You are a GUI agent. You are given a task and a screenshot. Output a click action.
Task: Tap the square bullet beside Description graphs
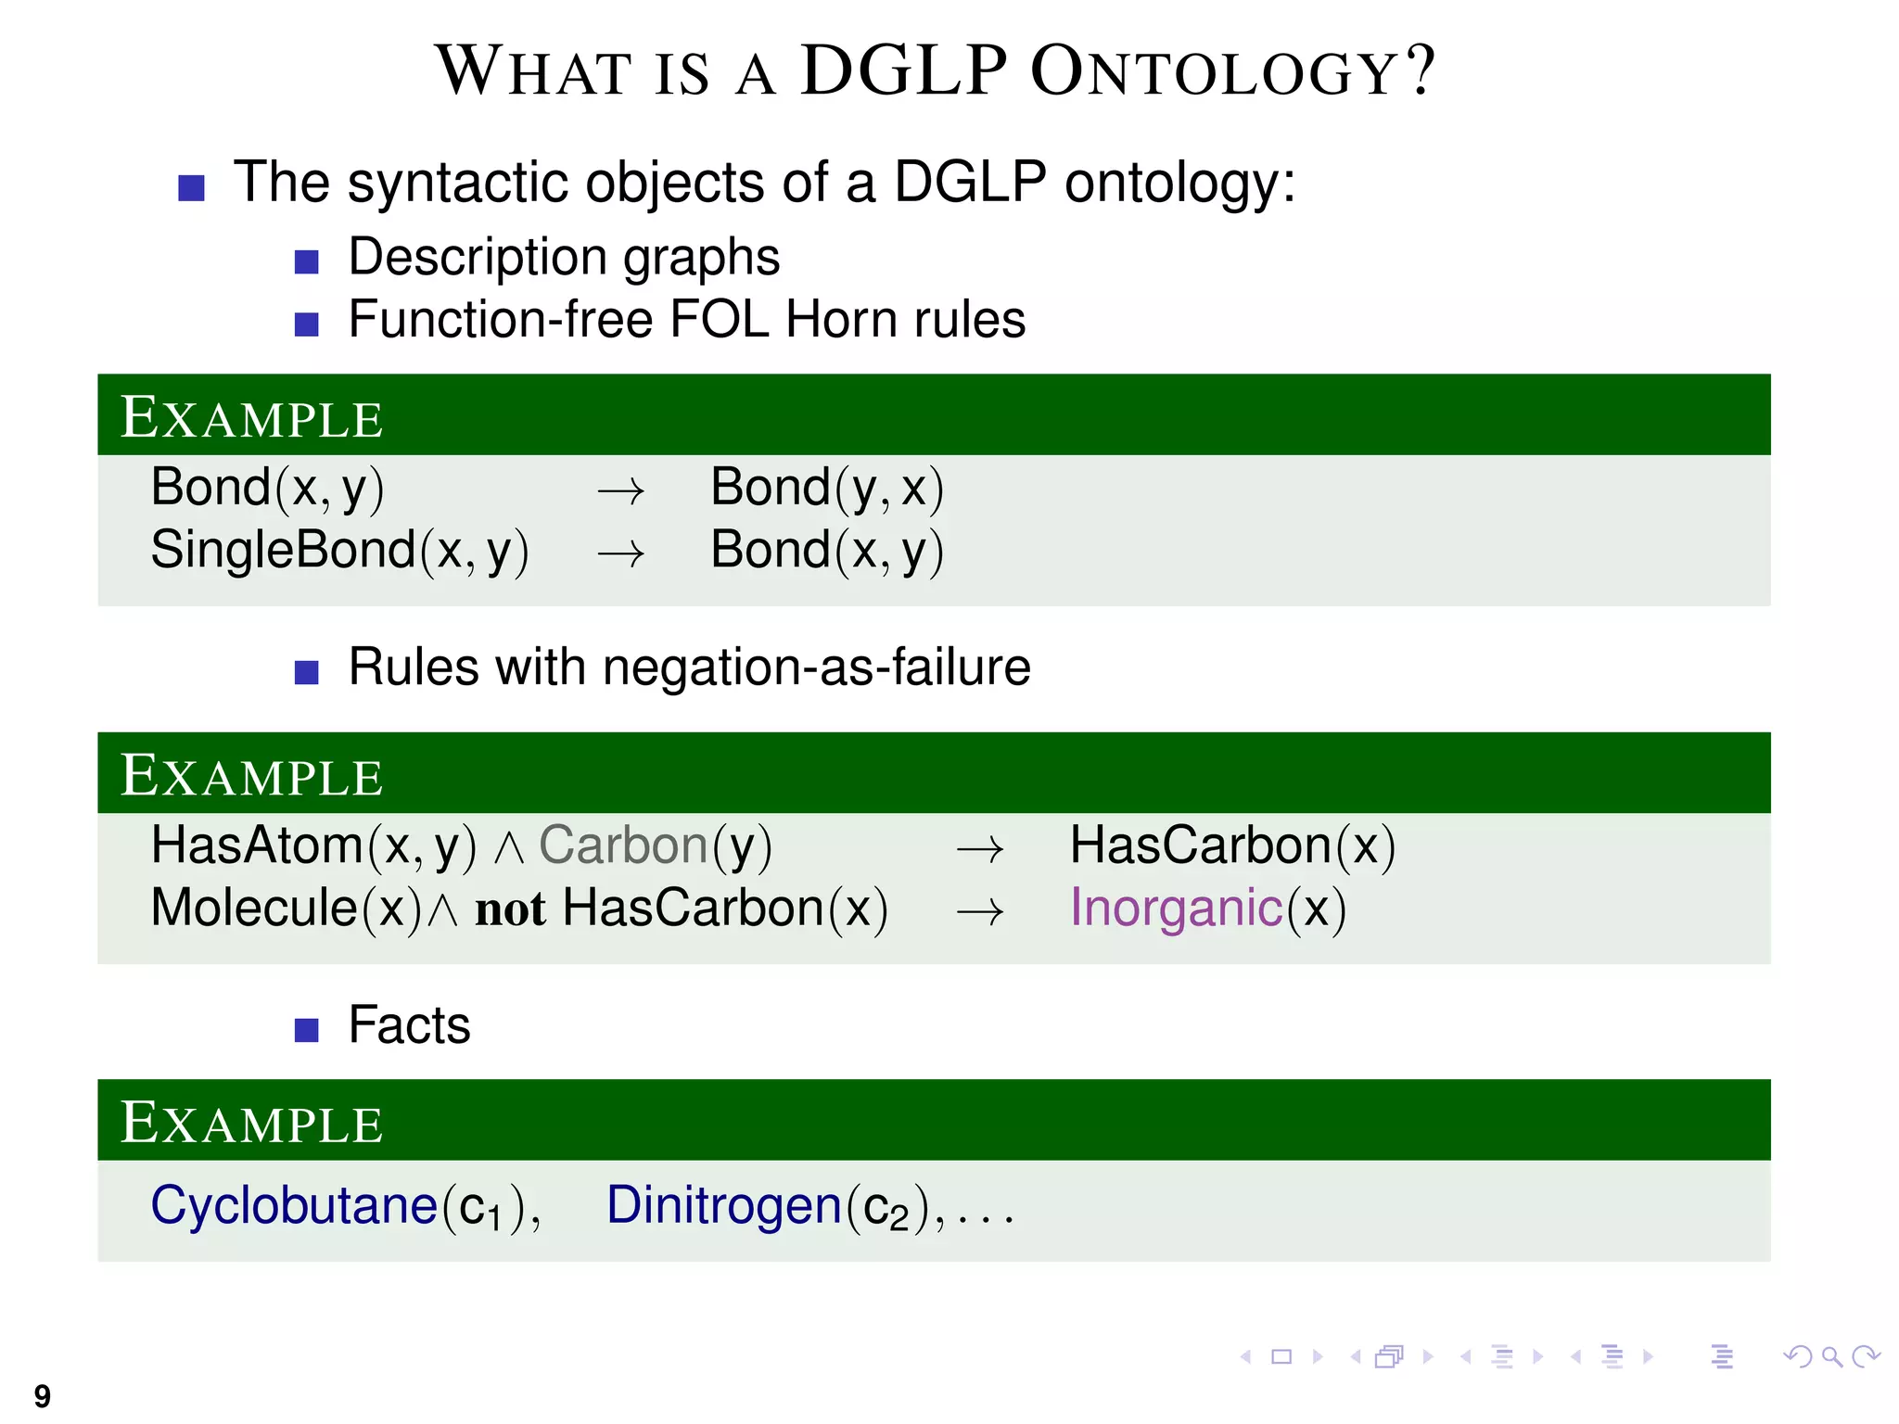(x=306, y=261)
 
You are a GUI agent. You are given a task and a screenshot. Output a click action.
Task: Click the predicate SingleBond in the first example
(x=283, y=550)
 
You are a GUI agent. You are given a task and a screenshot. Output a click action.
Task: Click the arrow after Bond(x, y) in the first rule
(x=620, y=490)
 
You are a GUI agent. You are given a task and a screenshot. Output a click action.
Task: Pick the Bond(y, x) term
(x=826, y=488)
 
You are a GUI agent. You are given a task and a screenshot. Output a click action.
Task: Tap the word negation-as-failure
(x=816, y=667)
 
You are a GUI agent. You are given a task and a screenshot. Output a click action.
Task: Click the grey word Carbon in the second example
(x=623, y=845)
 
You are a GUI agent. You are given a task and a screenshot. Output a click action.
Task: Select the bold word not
(x=510, y=909)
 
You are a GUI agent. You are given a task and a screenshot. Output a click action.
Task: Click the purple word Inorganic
(x=1176, y=908)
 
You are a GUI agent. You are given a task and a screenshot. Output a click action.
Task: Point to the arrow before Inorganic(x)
(x=980, y=911)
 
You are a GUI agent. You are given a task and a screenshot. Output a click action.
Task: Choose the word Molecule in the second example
(x=254, y=908)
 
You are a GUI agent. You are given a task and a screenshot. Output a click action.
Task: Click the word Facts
(x=409, y=1025)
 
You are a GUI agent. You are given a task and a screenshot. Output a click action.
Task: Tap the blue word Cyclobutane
(x=293, y=1206)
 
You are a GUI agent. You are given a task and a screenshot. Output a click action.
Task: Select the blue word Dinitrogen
(x=723, y=1206)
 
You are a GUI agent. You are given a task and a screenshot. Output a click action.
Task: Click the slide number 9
(x=43, y=1395)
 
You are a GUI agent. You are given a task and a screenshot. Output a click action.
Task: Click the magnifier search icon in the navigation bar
(x=1831, y=1357)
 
